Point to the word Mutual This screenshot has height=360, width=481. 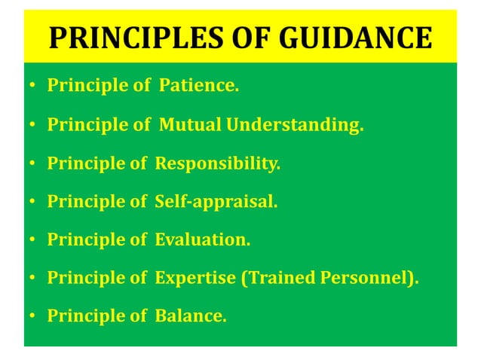click(185, 125)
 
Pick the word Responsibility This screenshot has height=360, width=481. click(217, 163)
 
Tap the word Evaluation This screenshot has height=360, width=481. click(203, 240)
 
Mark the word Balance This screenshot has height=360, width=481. click(191, 316)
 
